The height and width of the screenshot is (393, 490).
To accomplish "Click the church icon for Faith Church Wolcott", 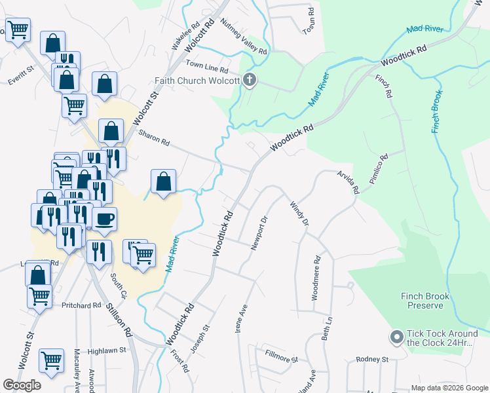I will tap(249, 81).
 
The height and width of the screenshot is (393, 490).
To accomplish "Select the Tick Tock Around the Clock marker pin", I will tap(396, 337).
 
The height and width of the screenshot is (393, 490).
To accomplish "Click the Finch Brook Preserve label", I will tap(425, 301).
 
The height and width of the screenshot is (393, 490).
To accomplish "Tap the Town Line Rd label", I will tap(206, 66).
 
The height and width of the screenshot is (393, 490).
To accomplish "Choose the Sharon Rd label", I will tap(154, 138).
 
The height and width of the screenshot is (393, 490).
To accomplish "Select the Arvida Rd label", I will tap(348, 181).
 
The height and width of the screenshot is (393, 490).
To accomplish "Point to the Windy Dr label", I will tap(299, 214).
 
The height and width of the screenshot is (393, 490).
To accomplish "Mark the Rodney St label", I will tap(372, 359).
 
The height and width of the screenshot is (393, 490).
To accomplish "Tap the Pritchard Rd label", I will tap(83, 305).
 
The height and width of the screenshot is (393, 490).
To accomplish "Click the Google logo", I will tap(22, 384).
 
